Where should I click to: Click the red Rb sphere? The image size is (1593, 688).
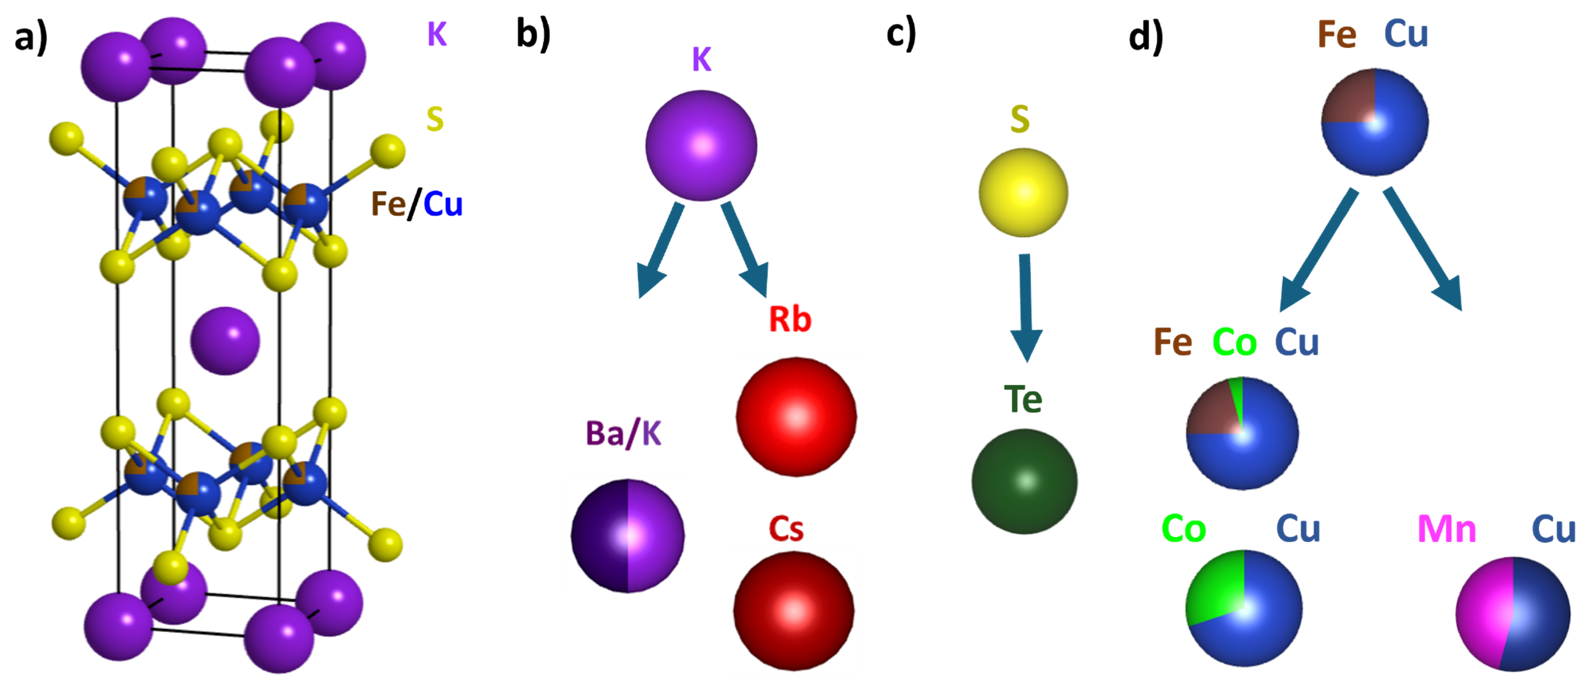coord(796,417)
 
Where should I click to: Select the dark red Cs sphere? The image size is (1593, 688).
coord(794,611)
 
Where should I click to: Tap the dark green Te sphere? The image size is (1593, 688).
coord(1024,481)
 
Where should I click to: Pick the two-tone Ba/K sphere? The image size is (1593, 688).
coord(628,535)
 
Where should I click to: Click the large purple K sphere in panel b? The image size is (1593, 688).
coord(702,146)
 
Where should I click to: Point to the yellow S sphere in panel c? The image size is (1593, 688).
coord(1023,192)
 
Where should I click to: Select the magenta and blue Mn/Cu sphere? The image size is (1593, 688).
coord(1512,614)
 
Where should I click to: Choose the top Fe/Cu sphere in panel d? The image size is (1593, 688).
coord(1375,122)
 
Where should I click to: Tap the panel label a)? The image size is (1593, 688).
coord(31,37)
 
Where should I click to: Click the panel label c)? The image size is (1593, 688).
coord(901,34)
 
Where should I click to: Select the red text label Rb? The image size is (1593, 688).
coord(790,319)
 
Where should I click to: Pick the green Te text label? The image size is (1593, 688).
coord(1023,399)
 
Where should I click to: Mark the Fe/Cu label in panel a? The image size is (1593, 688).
coord(416,204)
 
